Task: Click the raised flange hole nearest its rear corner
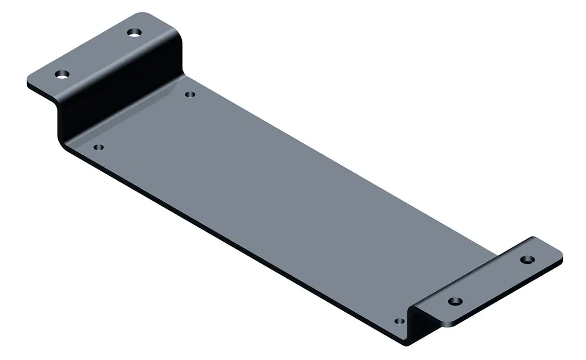point(134,32)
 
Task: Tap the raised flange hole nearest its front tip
point(62,74)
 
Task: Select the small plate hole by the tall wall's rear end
point(190,94)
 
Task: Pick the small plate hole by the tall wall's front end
point(99,147)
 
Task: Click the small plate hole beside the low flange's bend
point(399,321)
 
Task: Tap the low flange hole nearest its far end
point(526,259)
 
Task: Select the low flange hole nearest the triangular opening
point(454,301)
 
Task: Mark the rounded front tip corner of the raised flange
point(29,82)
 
